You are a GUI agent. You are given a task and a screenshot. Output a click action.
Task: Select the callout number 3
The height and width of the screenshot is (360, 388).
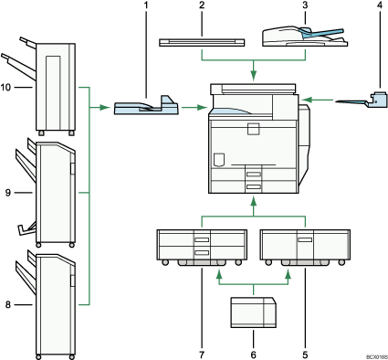[x=303, y=8]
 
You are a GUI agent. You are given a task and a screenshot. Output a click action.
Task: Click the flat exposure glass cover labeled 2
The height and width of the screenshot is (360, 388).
[x=203, y=41]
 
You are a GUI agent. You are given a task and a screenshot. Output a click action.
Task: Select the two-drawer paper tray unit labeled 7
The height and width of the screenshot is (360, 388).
[x=192, y=247]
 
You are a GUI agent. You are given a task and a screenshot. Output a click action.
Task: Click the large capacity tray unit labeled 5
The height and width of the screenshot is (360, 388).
[x=295, y=247]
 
